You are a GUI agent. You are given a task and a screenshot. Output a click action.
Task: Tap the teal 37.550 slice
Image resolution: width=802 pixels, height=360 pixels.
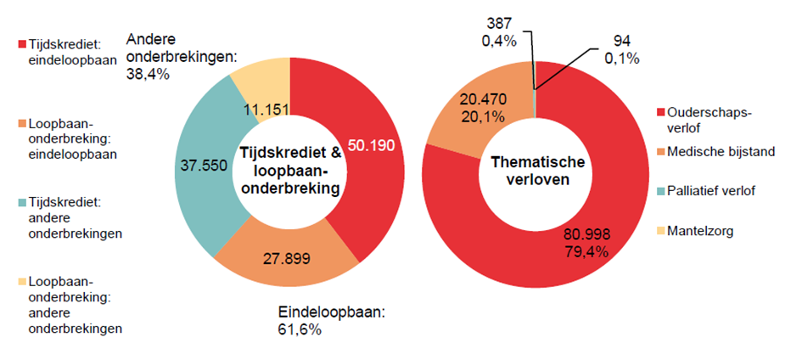point(201,166)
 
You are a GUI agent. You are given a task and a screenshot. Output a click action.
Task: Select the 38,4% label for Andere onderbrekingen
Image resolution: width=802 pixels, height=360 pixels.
point(148,74)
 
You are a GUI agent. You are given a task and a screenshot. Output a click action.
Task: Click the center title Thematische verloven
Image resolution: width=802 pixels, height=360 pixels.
point(533,171)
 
